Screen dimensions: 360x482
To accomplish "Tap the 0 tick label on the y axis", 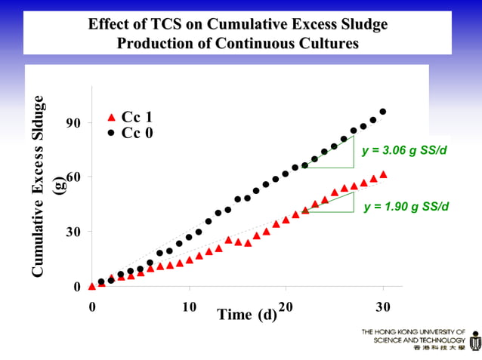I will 76,287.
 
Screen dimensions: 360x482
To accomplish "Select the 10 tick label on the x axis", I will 190,306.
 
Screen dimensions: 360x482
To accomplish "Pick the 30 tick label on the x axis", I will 384,306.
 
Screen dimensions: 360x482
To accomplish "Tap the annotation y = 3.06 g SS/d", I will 404,151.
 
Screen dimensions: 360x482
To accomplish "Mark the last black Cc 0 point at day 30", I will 383,112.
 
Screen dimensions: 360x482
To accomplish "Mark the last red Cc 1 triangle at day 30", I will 383,174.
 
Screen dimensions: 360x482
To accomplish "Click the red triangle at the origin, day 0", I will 91,286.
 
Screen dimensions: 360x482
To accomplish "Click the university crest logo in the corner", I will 474,341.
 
